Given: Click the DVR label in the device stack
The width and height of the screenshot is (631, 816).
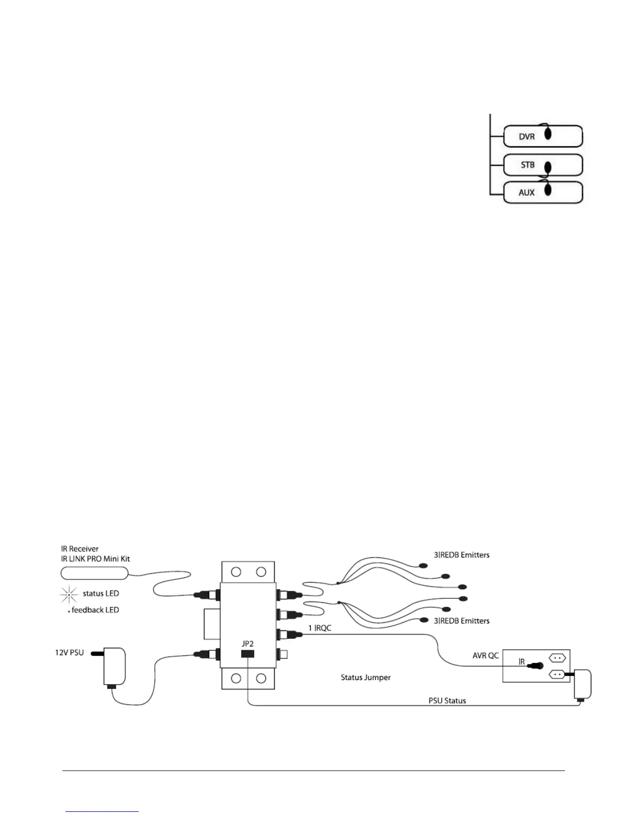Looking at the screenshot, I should pyautogui.click(x=526, y=137).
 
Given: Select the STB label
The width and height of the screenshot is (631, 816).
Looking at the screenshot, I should pyautogui.click(x=527, y=165).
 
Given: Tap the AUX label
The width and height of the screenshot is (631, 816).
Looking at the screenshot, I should pyautogui.click(x=526, y=193).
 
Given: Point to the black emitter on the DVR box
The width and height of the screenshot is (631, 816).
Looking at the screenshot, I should pyautogui.click(x=548, y=133).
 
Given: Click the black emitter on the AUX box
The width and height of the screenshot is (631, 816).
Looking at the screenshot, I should pyautogui.click(x=548, y=190).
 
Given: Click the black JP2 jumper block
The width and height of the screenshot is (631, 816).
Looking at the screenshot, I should pyautogui.click(x=247, y=654).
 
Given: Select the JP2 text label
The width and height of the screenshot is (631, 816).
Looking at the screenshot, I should pyautogui.click(x=247, y=644).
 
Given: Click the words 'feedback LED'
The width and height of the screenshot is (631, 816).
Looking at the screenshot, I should pyautogui.click(x=95, y=610).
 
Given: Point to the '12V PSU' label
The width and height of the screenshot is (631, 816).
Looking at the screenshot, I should pyautogui.click(x=70, y=653).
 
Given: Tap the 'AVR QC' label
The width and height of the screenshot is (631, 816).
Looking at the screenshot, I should pyautogui.click(x=486, y=656).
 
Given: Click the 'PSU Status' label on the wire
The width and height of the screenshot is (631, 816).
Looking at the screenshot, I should pyautogui.click(x=447, y=701).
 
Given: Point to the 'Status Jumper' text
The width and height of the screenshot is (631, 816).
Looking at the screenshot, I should pyautogui.click(x=366, y=677).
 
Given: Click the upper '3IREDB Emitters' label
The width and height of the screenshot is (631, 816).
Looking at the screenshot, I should pyautogui.click(x=461, y=555).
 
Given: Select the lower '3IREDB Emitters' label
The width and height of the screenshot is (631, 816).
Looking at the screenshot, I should pyautogui.click(x=461, y=621).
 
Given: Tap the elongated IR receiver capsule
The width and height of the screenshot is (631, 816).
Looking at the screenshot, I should pyautogui.click(x=94, y=573).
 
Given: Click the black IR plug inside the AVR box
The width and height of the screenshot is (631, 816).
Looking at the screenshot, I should pyautogui.click(x=536, y=666).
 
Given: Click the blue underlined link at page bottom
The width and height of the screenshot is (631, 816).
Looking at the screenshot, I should pyautogui.click(x=103, y=811).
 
